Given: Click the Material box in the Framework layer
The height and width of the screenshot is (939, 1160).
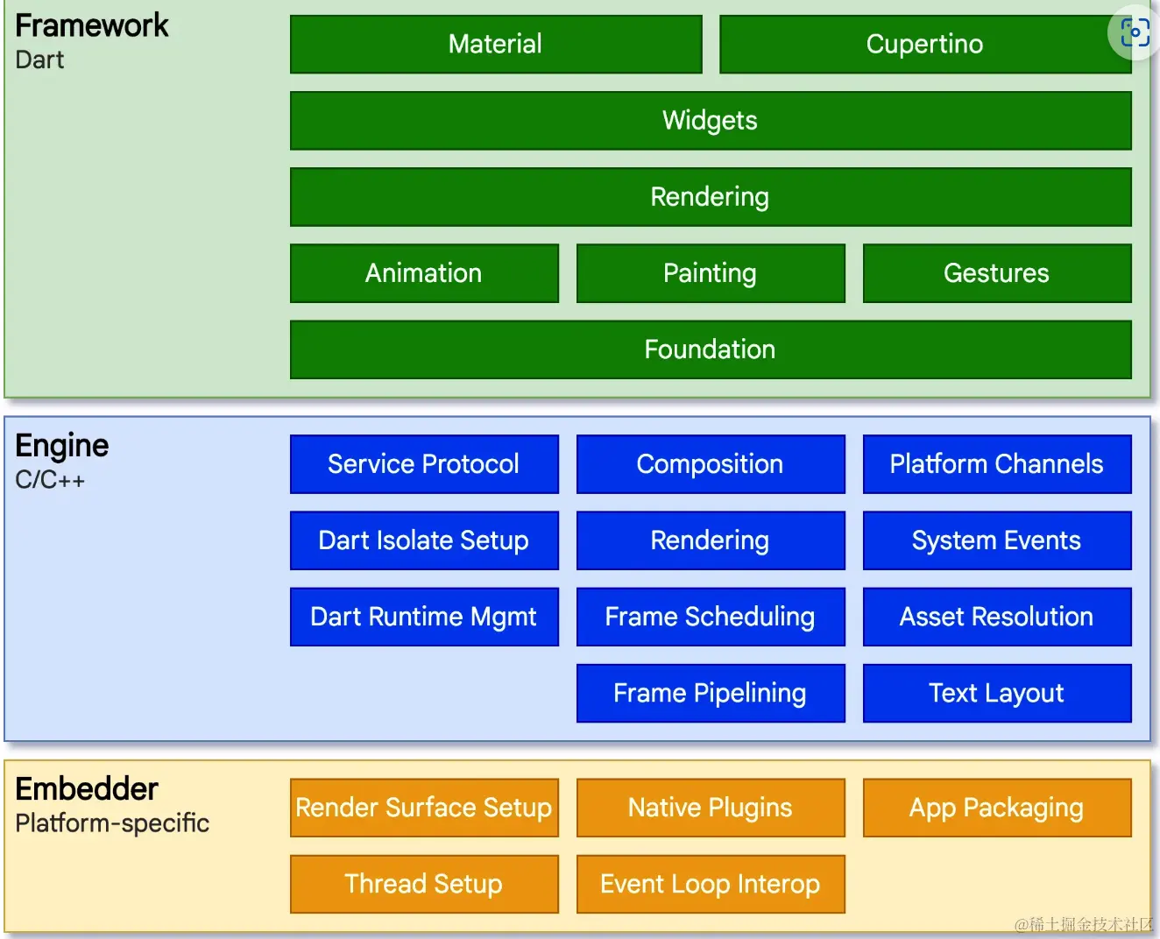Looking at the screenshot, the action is click(496, 44).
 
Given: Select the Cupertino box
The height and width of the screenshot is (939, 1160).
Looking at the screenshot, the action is click(925, 44).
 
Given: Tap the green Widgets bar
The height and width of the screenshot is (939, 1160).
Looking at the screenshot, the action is click(711, 120).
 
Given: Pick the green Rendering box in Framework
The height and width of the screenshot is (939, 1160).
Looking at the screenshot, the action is click(711, 197).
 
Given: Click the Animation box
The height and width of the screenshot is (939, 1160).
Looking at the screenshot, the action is click(424, 273).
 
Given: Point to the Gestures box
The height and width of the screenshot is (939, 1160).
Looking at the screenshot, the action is click(997, 273).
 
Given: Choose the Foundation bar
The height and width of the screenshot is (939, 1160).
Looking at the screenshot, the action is click(711, 349).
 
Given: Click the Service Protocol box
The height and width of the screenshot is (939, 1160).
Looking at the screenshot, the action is click(424, 464).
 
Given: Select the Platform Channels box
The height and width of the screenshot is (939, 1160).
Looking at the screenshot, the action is click(997, 464).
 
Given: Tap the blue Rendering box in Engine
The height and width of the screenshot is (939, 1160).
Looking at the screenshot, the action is click(711, 540).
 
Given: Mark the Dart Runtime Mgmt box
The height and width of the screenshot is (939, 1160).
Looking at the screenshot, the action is click(424, 617).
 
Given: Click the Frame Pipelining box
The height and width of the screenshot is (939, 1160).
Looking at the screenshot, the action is click(711, 693).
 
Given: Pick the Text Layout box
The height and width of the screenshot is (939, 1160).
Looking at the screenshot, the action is click(997, 693).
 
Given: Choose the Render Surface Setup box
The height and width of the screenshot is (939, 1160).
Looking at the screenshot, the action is click(424, 808).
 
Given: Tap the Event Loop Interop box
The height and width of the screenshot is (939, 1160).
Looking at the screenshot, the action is click(711, 884).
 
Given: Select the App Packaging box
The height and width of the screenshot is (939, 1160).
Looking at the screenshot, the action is click(997, 808).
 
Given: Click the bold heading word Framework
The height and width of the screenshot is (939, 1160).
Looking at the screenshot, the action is click(91, 25).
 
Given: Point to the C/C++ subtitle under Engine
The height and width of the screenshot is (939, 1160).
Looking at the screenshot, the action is click(50, 480).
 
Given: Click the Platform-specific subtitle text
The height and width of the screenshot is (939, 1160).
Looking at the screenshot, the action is click(111, 823).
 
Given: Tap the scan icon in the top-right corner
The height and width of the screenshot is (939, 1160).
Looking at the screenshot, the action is click(1135, 32).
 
